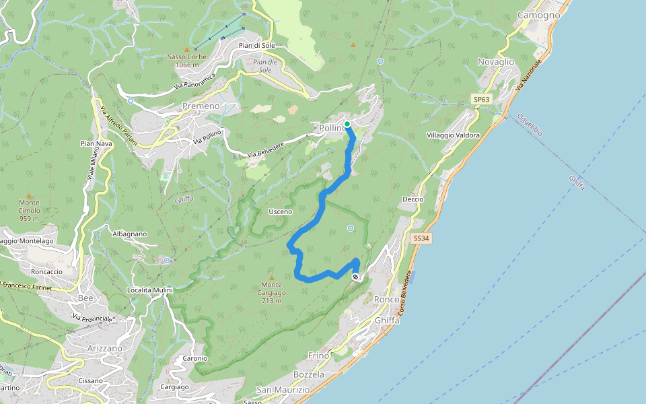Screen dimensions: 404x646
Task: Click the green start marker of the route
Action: [x=347, y=124]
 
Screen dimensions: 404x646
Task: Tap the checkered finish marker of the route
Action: [x=356, y=277]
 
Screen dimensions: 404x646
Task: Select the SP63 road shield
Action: [x=481, y=100]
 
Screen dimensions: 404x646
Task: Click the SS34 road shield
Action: [x=421, y=238]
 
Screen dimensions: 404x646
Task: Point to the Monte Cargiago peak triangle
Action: [x=272, y=277]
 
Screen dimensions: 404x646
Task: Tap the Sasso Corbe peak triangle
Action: [x=187, y=49]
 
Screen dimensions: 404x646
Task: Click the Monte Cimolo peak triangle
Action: [x=28, y=195]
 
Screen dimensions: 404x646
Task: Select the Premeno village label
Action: [x=201, y=106]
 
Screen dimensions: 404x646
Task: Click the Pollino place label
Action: [x=330, y=128]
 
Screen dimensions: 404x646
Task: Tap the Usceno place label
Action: [x=280, y=211]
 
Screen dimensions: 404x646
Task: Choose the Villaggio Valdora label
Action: [x=453, y=135]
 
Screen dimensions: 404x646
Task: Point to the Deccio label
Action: [x=412, y=199]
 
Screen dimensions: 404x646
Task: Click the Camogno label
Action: [x=538, y=15]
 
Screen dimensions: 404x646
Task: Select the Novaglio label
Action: [x=495, y=62]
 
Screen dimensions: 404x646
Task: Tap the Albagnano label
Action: [x=130, y=234]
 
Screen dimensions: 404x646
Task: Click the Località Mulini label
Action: [x=150, y=290]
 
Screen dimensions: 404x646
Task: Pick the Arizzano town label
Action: [x=105, y=348]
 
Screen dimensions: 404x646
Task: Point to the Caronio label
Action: [x=194, y=358]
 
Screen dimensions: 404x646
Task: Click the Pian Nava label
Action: [x=96, y=143]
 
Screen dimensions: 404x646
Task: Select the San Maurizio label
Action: [x=283, y=390]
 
